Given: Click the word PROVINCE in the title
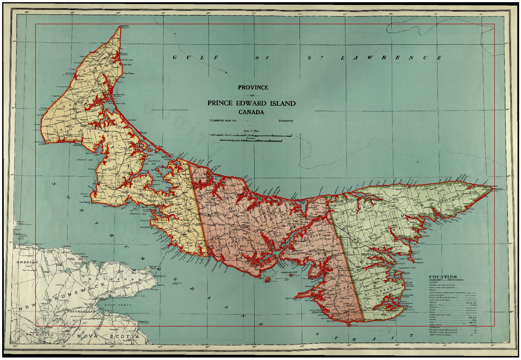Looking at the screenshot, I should tap(253, 88).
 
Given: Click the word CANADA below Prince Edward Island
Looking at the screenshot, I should tap(251, 112).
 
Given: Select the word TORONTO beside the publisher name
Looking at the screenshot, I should tap(286, 121).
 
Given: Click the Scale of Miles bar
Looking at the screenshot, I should tap(251, 135).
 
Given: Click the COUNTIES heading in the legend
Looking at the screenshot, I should tap(443, 277).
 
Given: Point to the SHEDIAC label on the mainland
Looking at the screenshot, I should tap(27, 262).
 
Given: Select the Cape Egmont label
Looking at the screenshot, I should tap(85, 202).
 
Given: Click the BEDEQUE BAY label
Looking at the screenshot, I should tap(139, 214).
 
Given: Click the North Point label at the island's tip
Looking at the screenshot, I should tap(125, 26).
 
